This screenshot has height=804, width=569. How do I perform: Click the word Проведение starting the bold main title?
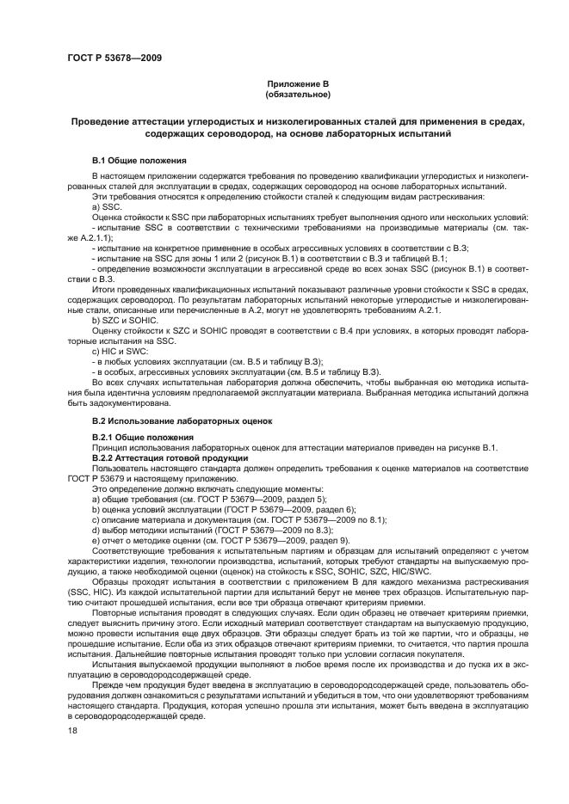point(102,122)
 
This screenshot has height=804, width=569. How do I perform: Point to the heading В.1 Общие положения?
point(139,160)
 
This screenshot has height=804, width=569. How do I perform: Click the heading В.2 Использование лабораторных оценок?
point(182,420)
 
